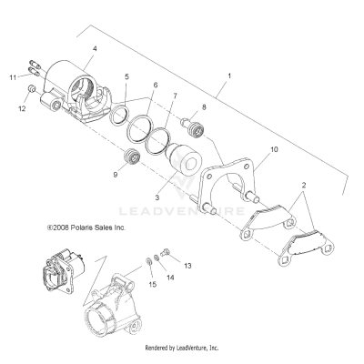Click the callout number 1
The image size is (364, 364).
coord(229,76)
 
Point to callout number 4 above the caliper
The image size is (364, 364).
coord(94,48)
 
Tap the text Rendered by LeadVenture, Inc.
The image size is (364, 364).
coord(182,348)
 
